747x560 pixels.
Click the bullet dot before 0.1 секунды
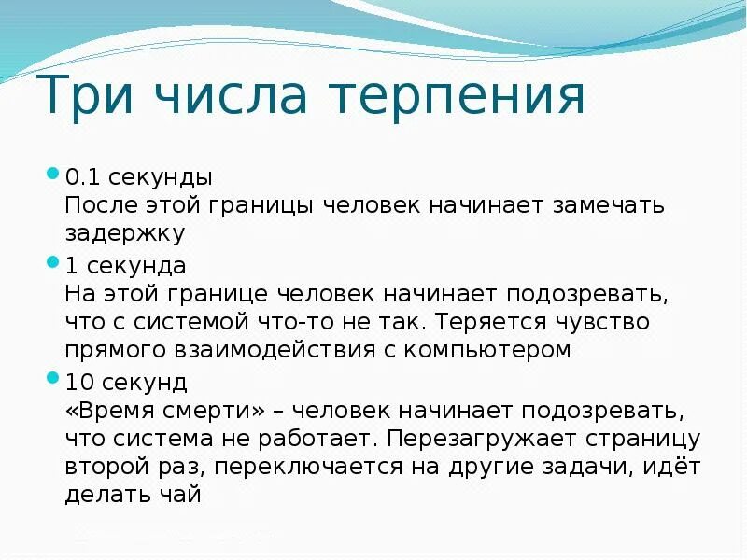pyautogui.click(x=52, y=173)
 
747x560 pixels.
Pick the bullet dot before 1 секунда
pyautogui.click(x=52, y=261)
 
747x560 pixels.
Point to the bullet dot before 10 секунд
pyautogui.click(x=52, y=378)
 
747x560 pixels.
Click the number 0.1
pyautogui.click(x=81, y=176)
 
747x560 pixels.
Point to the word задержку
pyautogui.click(x=125, y=233)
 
